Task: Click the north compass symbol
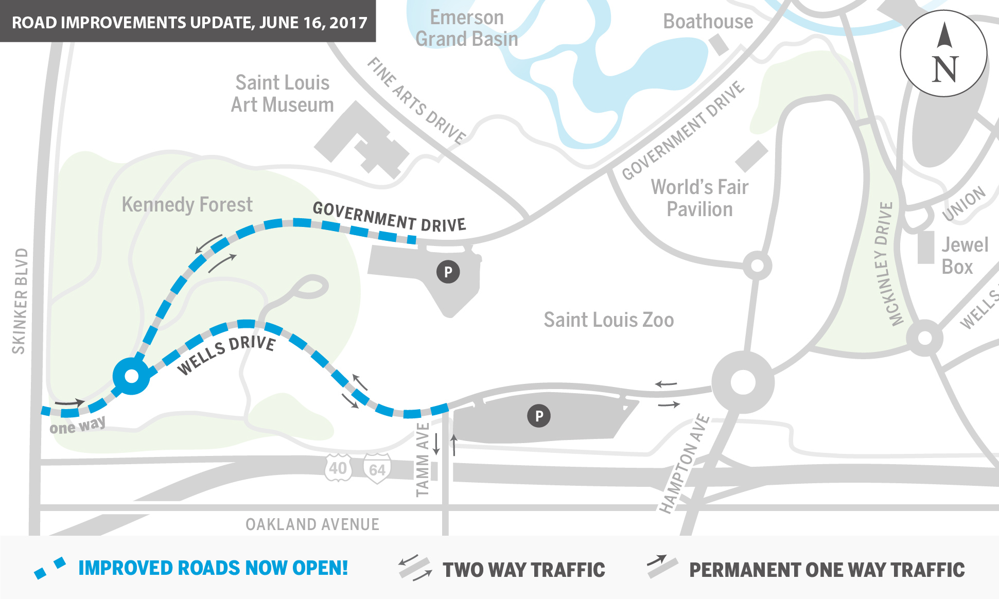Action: coord(943,53)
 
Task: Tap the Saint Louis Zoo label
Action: coord(608,320)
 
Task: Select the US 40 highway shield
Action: coord(338,468)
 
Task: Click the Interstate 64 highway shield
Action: coord(377,469)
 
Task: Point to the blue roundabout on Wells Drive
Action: coord(132,376)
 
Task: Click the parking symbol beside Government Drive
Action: coord(448,272)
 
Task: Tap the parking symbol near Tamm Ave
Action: coord(539,416)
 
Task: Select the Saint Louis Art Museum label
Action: coord(282,94)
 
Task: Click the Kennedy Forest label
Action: coord(187,204)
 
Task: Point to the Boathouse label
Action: coord(708,22)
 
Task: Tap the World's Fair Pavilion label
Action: coord(699,198)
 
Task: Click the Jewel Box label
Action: coord(965,256)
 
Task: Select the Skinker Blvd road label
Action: coord(20,301)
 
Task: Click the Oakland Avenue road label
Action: coord(312,524)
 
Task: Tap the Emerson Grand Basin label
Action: coord(467,28)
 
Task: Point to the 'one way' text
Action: coord(77,426)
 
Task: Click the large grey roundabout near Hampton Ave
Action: coord(743,382)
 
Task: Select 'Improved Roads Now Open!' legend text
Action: coord(213,568)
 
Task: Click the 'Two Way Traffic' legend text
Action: coord(524,570)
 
